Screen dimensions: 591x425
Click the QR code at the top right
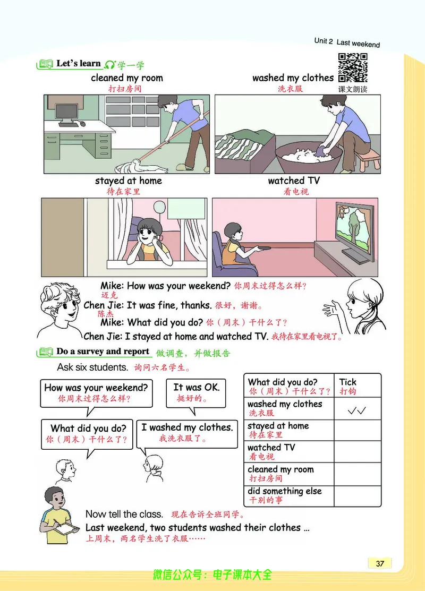click(x=353, y=68)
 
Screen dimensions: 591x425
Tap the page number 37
click(x=379, y=563)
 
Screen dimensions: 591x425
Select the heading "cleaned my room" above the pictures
click(x=127, y=78)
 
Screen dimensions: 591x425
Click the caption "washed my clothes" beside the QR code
click(x=293, y=78)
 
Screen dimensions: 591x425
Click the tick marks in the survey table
click(x=358, y=410)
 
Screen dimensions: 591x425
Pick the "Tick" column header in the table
click(x=348, y=382)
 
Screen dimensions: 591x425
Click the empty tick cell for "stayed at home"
click(x=358, y=431)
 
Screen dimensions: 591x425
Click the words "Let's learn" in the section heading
click(x=78, y=64)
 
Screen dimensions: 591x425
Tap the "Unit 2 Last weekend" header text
click(x=347, y=42)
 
